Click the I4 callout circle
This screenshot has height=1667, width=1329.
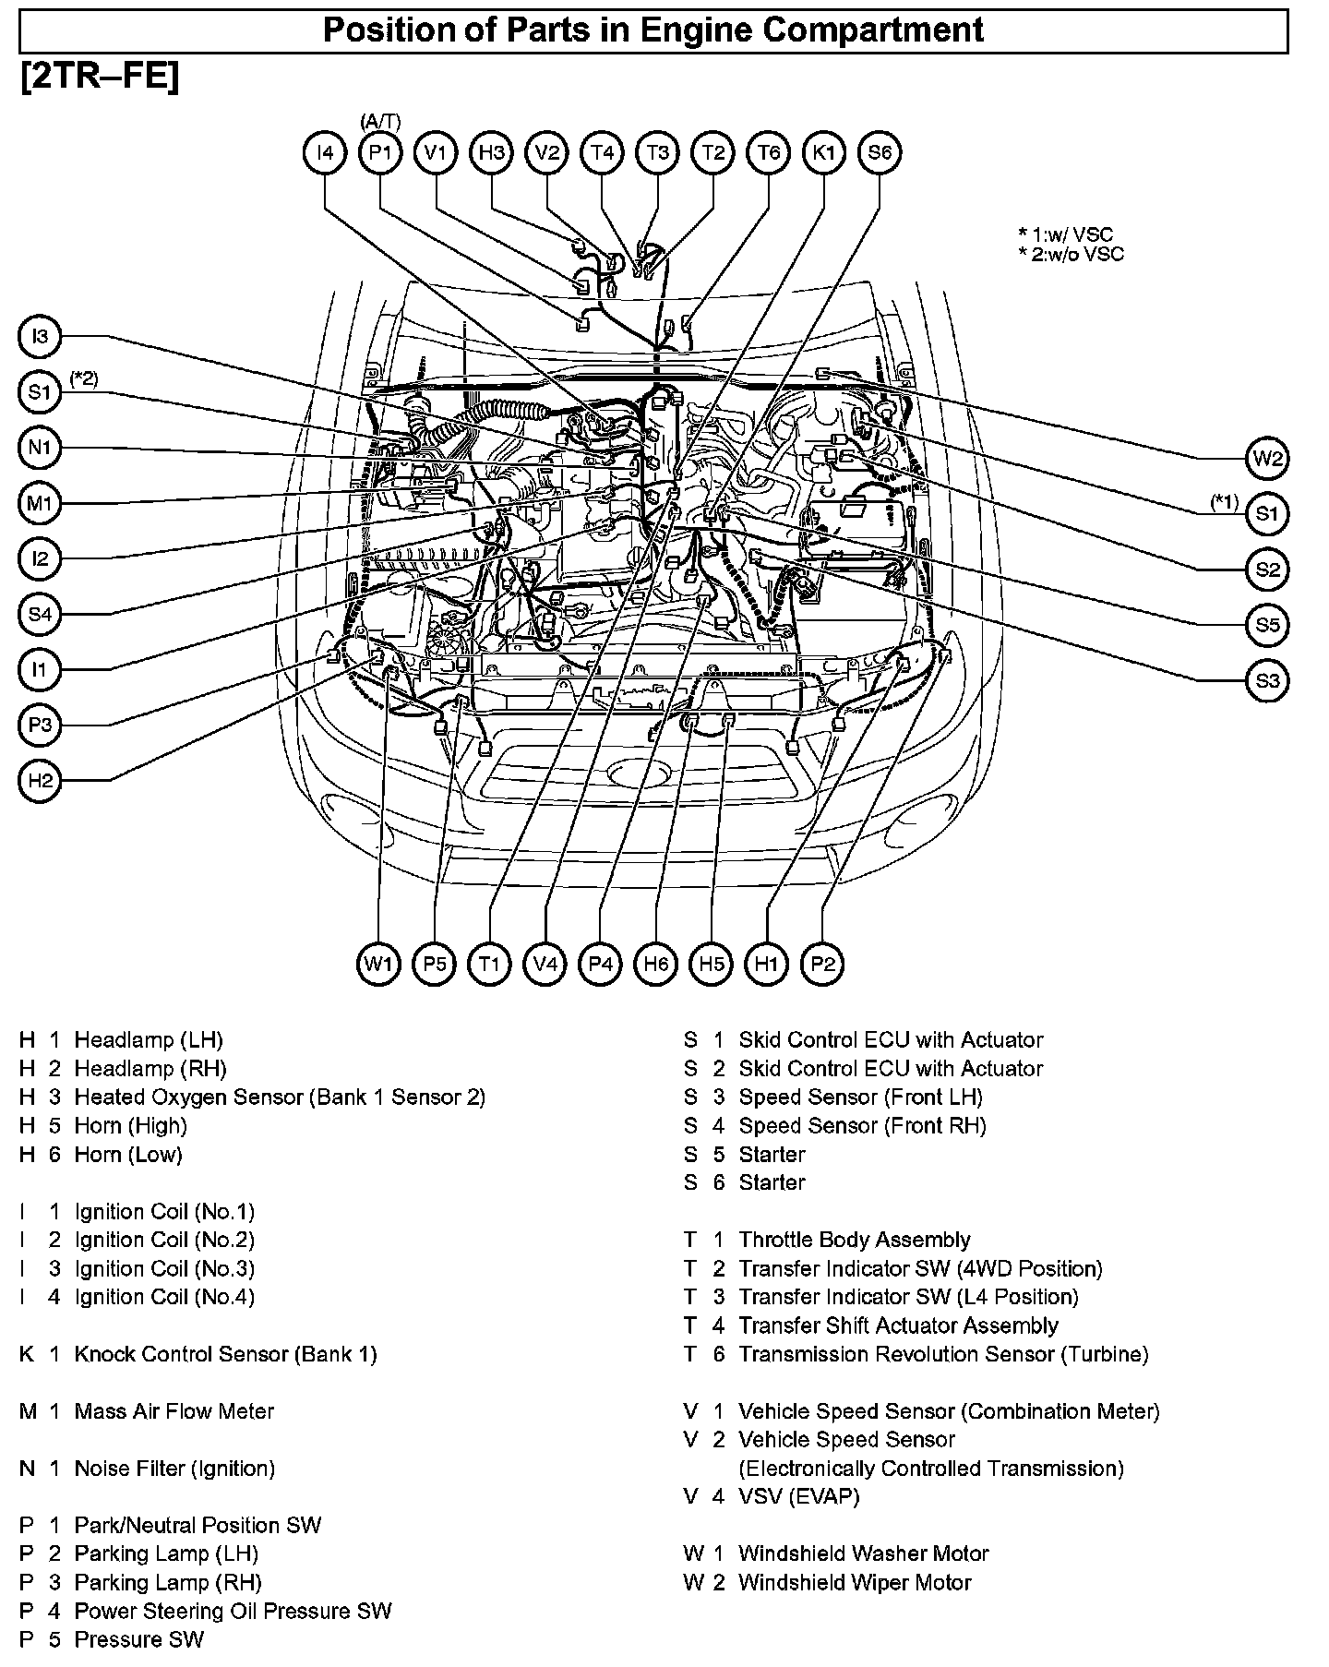pos(325,152)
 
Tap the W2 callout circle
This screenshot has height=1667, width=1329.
pos(1268,458)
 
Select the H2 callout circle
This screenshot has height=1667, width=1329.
pos(40,781)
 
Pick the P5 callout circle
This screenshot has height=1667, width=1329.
pos(434,965)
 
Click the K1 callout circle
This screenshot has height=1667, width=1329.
pos(823,152)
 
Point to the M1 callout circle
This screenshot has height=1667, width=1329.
pos(40,504)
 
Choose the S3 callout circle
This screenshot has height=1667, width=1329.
pos(1268,681)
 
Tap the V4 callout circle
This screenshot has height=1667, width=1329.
pos(545,965)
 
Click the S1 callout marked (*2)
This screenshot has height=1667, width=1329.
pos(40,392)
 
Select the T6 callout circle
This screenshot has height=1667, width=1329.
pos(768,152)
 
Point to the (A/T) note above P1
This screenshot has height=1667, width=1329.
pos(380,120)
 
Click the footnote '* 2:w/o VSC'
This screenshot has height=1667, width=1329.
pos(1071,254)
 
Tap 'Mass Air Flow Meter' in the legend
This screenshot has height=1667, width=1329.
pos(174,1411)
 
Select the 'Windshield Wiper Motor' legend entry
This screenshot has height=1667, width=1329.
pos(855,1583)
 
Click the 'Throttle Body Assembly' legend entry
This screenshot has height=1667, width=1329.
pos(855,1240)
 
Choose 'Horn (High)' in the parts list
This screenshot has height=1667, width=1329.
pos(130,1125)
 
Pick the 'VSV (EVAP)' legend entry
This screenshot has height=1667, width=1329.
pos(799,1496)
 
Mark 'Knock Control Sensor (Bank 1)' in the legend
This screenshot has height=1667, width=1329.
pos(225,1354)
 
